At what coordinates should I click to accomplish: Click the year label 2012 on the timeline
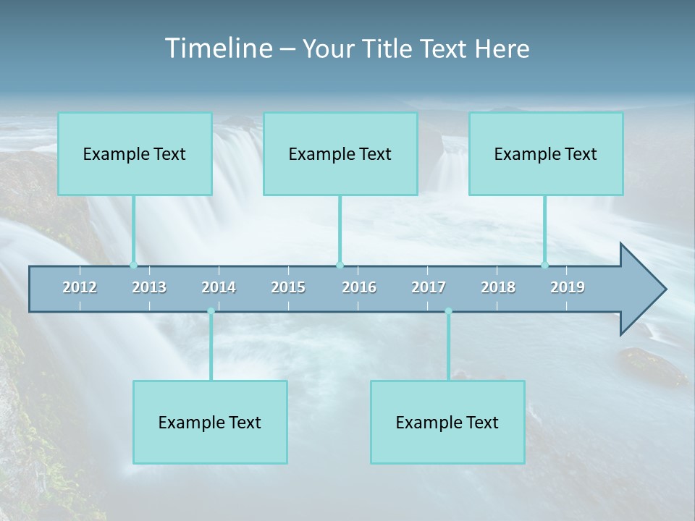click(x=80, y=287)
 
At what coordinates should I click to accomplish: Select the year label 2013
click(x=149, y=287)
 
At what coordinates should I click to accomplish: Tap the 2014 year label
click(x=219, y=287)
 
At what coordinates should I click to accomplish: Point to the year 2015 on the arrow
click(x=288, y=287)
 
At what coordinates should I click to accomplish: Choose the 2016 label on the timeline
click(x=359, y=287)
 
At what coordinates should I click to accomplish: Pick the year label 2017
click(x=429, y=287)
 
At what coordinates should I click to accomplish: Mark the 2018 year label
click(x=498, y=287)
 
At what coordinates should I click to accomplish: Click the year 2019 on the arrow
click(x=568, y=287)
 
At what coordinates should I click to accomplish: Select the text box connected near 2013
click(x=135, y=153)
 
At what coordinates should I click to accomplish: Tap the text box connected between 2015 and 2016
click(x=340, y=153)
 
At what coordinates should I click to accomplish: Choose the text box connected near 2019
click(x=546, y=153)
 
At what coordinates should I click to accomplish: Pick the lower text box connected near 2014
click(x=210, y=422)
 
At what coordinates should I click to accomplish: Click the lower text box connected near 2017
click(x=447, y=422)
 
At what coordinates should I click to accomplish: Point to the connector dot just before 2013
click(x=133, y=265)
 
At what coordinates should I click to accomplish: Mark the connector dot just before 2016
click(x=340, y=265)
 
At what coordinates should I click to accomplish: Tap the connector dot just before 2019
click(x=544, y=265)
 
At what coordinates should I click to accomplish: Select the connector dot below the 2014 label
click(x=211, y=311)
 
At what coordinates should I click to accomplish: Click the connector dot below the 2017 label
click(x=448, y=311)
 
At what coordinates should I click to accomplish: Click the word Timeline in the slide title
click(x=218, y=48)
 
